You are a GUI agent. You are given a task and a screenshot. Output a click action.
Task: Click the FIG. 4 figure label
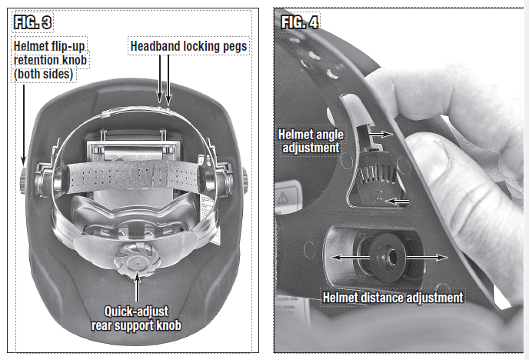pos(299,22)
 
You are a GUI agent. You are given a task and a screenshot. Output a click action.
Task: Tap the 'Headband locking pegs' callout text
pos(189,46)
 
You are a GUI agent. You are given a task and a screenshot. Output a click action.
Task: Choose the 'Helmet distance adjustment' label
pos(393,297)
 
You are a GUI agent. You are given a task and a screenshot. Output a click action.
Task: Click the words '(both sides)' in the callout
pos(43,74)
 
